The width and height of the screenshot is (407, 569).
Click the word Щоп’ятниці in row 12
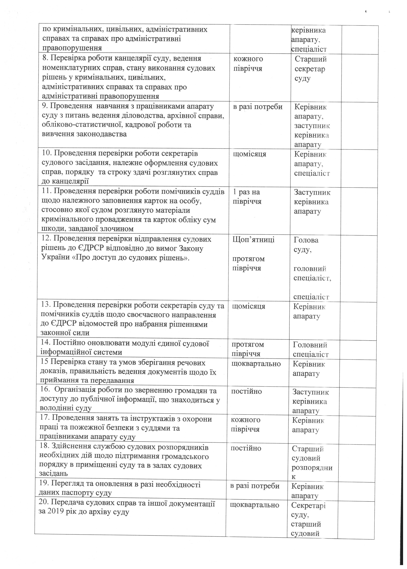pyautogui.click(x=254, y=240)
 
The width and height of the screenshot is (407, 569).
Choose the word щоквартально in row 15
pyautogui.click(x=256, y=364)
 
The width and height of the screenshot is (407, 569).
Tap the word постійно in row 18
pyautogui.click(x=246, y=448)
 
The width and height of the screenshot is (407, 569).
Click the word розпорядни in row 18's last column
pyautogui.click(x=312, y=468)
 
